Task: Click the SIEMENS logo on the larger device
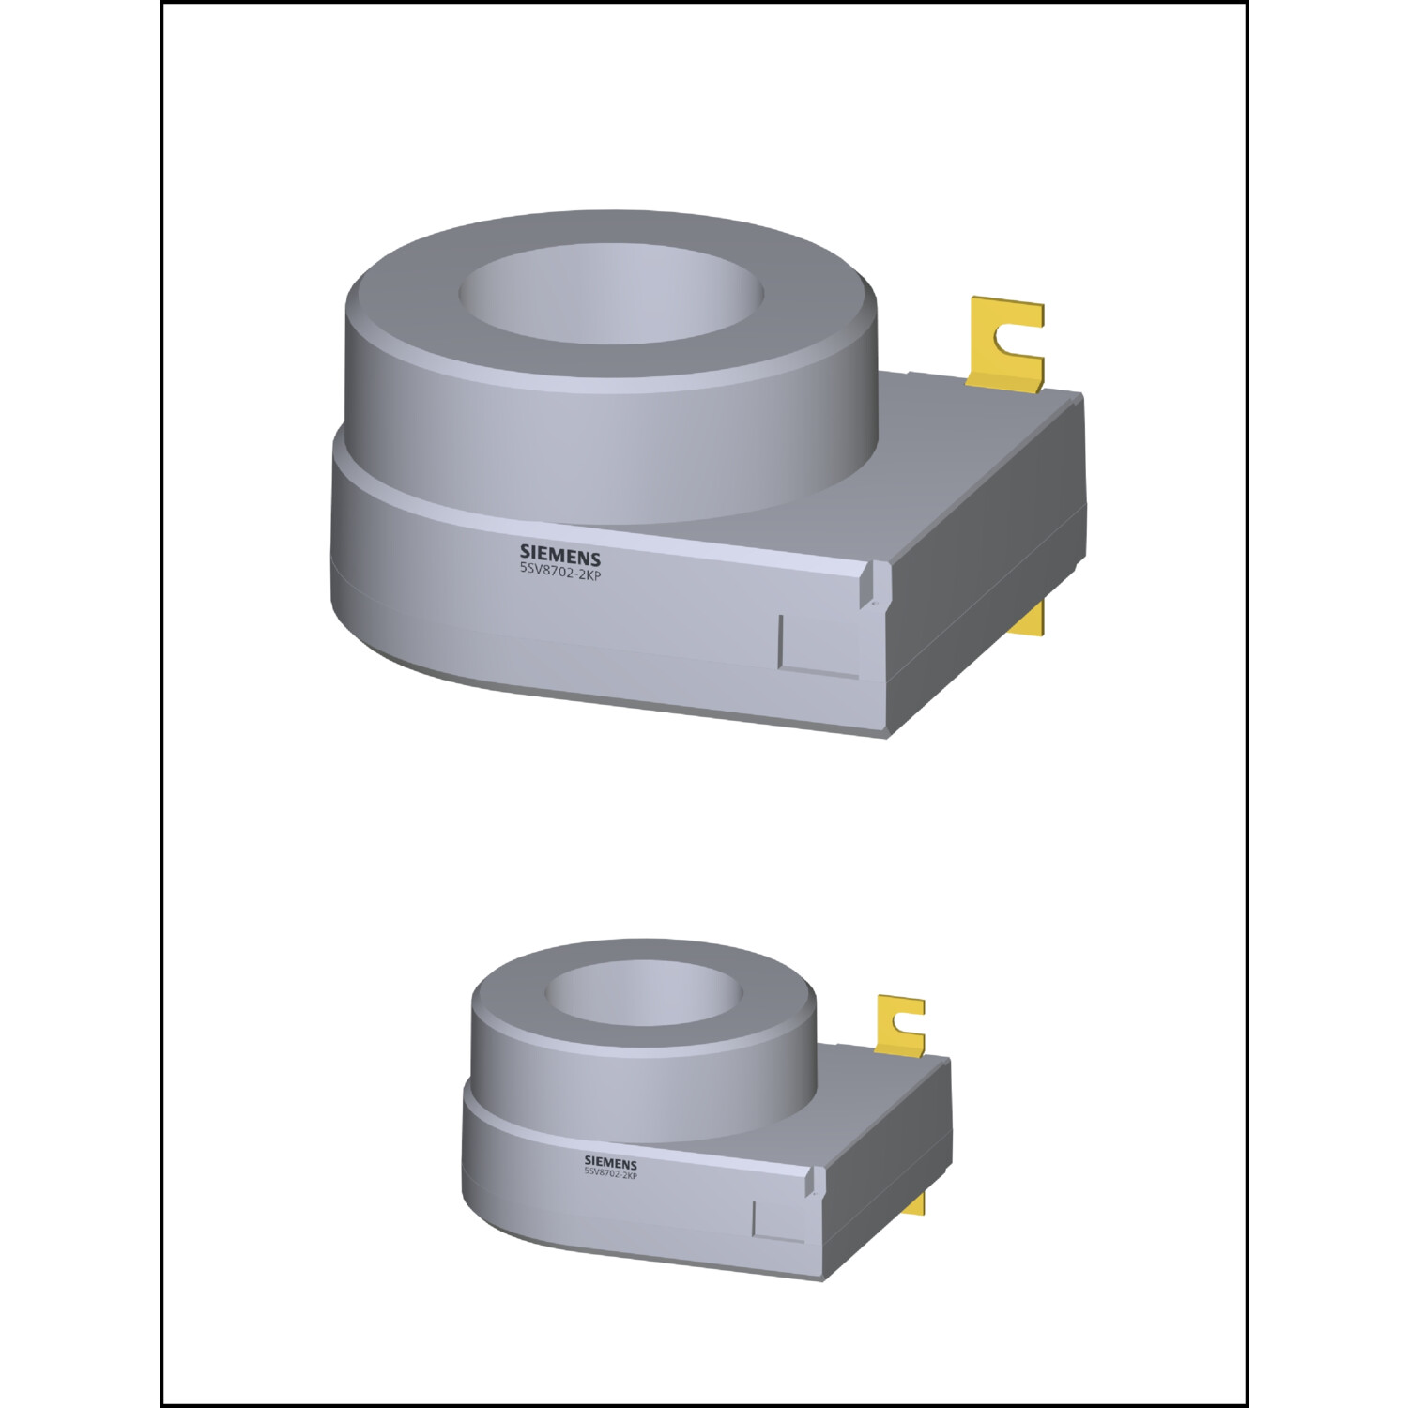(x=559, y=554)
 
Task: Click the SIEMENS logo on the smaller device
(x=610, y=1164)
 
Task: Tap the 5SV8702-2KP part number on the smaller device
(x=610, y=1174)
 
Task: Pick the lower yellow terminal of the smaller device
(x=915, y=1203)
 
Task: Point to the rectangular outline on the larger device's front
(x=819, y=644)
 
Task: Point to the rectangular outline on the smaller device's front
(x=779, y=1221)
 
